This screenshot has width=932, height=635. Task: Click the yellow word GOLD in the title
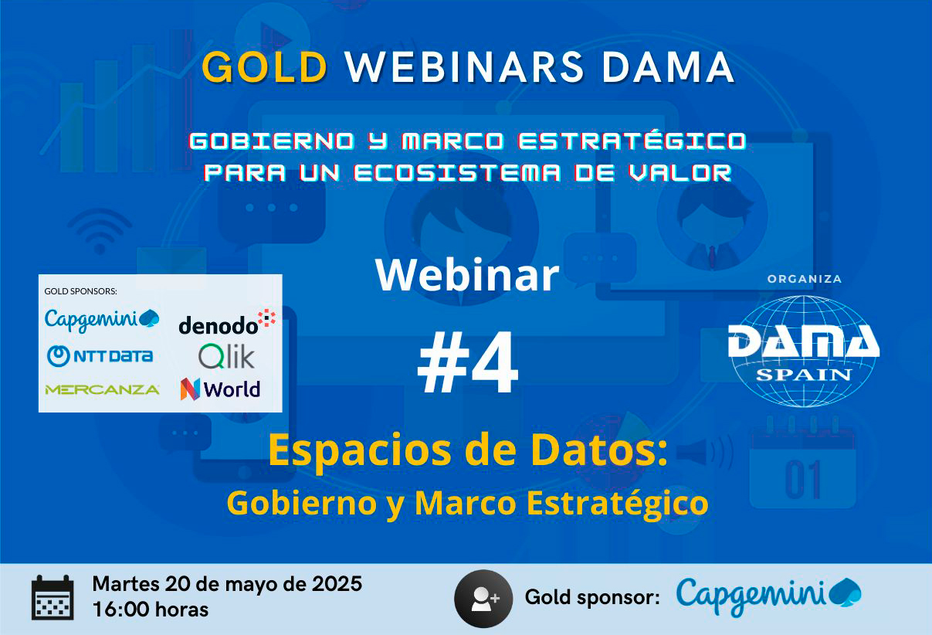pyautogui.click(x=265, y=67)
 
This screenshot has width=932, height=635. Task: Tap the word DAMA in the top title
pyautogui.click(x=668, y=67)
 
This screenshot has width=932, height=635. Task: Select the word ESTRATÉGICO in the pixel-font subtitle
pyautogui.click(x=632, y=140)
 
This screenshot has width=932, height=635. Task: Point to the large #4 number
pyautogui.click(x=468, y=362)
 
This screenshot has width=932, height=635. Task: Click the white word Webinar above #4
pyautogui.click(x=467, y=275)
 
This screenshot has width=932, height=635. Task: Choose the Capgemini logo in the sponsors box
pyautogui.click(x=102, y=321)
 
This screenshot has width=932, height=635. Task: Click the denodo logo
pyautogui.click(x=227, y=322)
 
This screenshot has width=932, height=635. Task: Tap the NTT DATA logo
pyautogui.click(x=100, y=356)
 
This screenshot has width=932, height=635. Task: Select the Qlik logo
pyautogui.click(x=226, y=356)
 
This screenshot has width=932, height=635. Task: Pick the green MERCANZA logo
pyautogui.click(x=103, y=389)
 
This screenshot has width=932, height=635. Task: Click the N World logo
pyautogui.click(x=221, y=389)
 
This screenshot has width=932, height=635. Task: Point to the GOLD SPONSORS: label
pyautogui.click(x=81, y=291)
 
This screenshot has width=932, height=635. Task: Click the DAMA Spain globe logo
pyautogui.click(x=804, y=351)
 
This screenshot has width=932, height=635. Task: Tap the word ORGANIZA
pyautogui.click(x=805, y=279)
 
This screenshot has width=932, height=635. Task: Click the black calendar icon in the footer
pyautogui.click(x=53, y=598)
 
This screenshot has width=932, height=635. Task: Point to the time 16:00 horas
pyautogui.click(x=151, y=610)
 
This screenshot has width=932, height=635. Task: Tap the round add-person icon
pyautogui.click(x=483, y=599)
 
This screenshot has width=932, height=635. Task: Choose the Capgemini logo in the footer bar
pyautogui.click(x=768, y=596)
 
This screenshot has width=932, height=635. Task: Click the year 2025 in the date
pyautogui.click(x=337, y=584)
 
